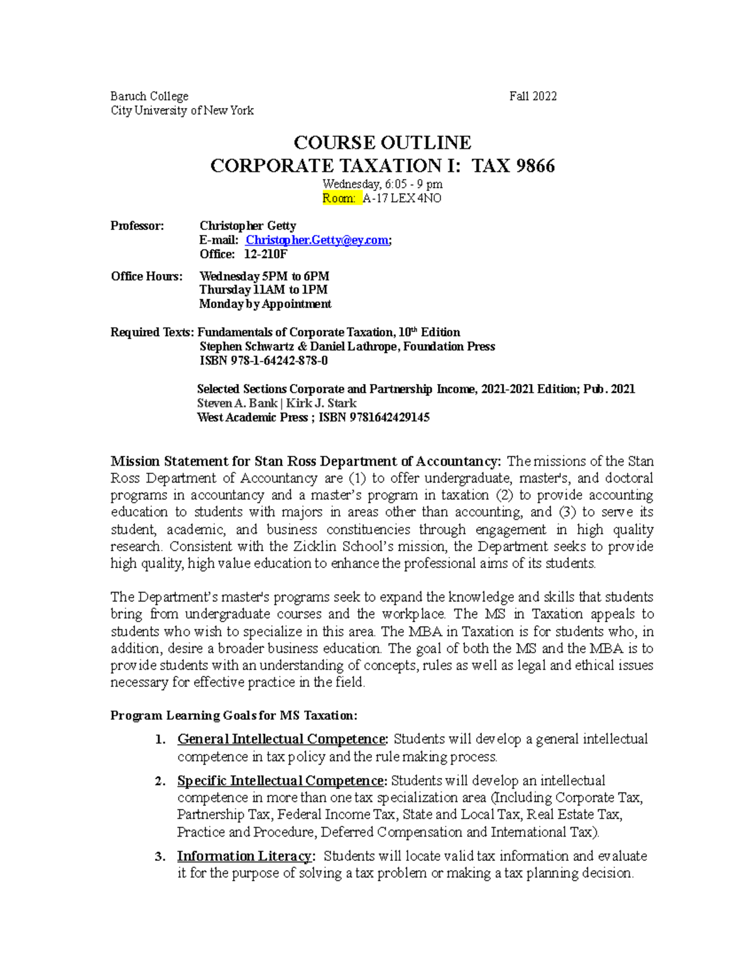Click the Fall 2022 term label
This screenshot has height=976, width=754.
coord(533,96)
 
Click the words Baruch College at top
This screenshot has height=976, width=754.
coord(150,96)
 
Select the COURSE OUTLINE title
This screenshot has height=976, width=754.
coord(382,143)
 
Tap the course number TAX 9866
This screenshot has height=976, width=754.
coord(513,166)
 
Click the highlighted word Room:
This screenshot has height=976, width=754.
coord(339,199)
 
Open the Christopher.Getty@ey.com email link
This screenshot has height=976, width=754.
coord(317,240)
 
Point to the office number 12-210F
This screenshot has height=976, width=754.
coord(265,254)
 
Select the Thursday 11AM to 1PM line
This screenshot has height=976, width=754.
coord(263,290)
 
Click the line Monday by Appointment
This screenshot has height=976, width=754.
coord(265,304)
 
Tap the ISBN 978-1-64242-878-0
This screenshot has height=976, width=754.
coord(264,361)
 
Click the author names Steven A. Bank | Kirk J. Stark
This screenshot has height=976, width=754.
coord(276,403)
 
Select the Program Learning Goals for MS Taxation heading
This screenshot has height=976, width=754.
coord(234,716)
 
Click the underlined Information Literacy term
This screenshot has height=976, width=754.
coord(244,856)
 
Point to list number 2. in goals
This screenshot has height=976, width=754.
coord(160,781)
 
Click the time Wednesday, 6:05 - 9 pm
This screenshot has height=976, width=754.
coord(382,184)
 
